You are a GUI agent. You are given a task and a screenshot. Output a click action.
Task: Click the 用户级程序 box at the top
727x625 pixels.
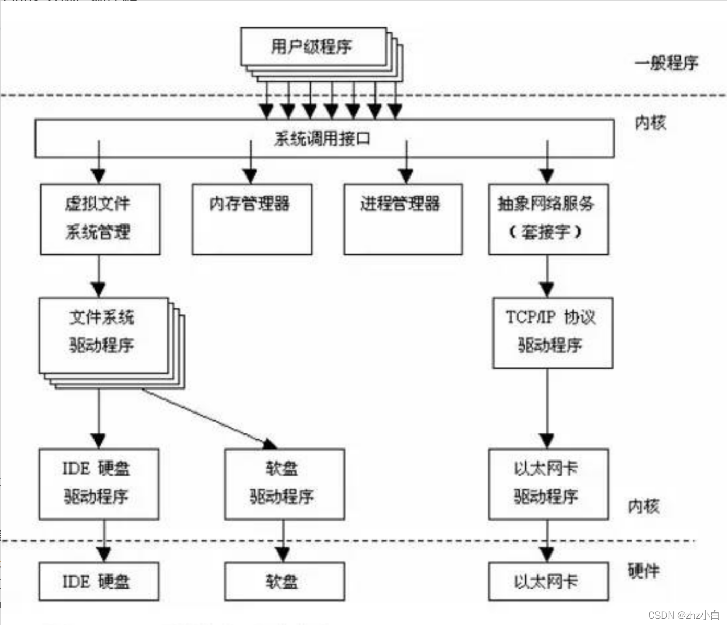coord(312,47)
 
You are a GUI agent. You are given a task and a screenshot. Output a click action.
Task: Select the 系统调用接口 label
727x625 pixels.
coord(322,139)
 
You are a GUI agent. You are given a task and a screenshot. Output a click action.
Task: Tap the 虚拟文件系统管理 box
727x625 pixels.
coord(100,219)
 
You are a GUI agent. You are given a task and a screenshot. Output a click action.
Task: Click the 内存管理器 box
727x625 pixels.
coord(251,219)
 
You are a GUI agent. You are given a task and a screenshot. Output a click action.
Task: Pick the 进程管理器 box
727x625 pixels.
coord(402,219)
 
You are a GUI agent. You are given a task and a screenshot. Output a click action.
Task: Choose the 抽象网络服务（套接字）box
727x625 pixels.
coord(548,219)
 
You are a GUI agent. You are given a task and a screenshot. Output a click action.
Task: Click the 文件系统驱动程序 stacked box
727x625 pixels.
coord(103,335)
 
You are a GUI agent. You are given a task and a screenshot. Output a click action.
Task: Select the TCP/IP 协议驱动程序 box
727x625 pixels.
coord(552,333)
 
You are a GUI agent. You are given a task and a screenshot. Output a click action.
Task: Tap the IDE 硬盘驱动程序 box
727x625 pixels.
coord(99,484)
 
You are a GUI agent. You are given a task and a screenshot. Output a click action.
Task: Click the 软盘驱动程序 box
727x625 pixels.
coord(284,484)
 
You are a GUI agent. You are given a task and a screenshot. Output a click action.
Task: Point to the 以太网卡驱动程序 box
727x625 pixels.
coord(548,484)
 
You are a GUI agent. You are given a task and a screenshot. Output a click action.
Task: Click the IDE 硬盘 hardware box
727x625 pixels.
coord(99,581)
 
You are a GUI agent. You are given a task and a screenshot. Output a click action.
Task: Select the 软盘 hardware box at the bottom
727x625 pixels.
coord(284,581)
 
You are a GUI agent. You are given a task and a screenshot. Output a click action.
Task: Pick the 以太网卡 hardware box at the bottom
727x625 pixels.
coord(548,581)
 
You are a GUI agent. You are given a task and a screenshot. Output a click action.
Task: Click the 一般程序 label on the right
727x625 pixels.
coord(666,63)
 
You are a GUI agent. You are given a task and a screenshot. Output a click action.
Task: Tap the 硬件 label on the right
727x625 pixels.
coord(643,571)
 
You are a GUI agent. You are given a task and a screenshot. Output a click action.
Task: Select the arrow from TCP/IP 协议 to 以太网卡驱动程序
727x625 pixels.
coord(547,407)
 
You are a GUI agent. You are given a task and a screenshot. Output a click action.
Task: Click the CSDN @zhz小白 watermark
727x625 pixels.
coord(683,615)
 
